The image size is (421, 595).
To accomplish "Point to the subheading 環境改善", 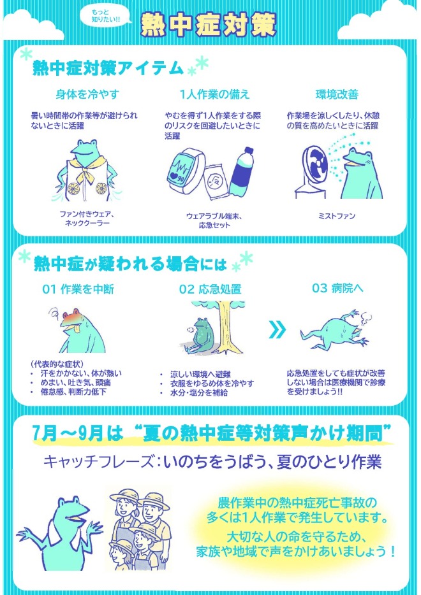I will coord(337,94).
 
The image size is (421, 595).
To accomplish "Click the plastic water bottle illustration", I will coord(244,175).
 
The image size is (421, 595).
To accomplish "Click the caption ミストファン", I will coord(336,217).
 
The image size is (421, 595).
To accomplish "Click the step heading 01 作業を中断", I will coord(78,289).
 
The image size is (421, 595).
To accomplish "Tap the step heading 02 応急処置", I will coord(210,289).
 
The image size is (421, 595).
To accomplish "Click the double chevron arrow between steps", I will coord(276,329).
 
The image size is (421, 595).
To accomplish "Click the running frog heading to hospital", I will coord(334,330).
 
